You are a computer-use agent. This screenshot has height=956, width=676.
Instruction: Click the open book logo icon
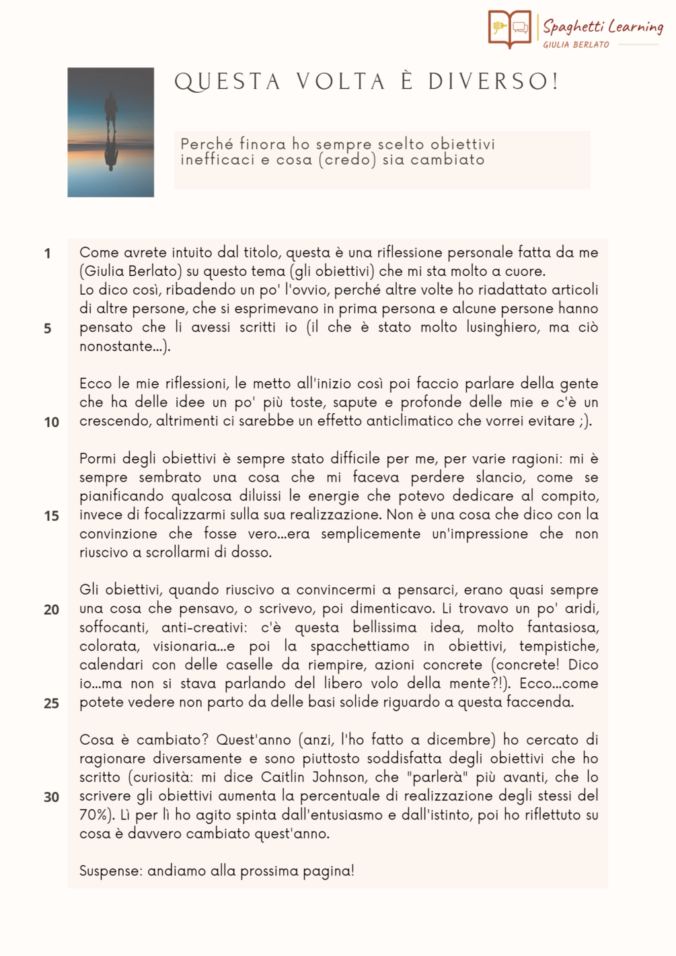click(x=510, y=28)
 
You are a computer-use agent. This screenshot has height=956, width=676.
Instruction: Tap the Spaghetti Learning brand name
click(x=603, y=26)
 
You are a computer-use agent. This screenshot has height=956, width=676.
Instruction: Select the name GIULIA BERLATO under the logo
click(x=576, y=44)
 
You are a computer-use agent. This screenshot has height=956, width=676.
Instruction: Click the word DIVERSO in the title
click(x=493, y=81)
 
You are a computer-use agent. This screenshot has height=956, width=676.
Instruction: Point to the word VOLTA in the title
click(x=341, y=81)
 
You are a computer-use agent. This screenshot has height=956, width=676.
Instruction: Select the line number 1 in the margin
click(x=47, y=254)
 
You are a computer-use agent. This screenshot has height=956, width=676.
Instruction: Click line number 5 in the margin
click(x=47, y=328)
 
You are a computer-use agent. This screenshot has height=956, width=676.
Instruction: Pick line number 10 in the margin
click(x=51, y=422)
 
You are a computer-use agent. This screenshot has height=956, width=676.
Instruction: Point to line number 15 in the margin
click(x=51, y=516)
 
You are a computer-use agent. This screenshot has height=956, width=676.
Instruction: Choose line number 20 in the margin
click(x=51, y=610)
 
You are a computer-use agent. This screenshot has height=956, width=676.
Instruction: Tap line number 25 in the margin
click(x=51, y=703)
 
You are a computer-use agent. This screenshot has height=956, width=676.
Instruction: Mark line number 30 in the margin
click(x=51, y=797)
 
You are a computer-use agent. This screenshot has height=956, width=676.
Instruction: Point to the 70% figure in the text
click(x=93, y=815)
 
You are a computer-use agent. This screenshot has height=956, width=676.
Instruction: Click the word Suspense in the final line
click(x=110, y=871)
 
